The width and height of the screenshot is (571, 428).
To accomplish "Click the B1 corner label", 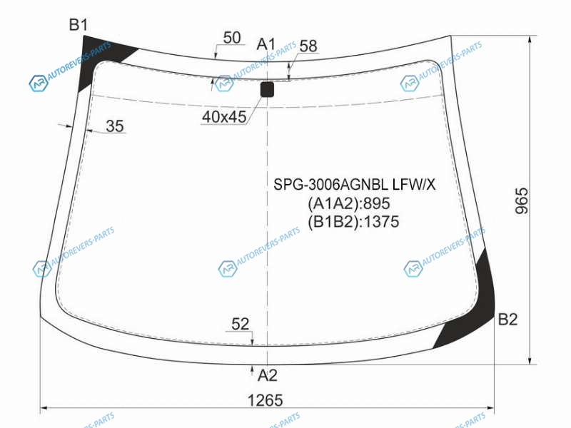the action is [79, 25].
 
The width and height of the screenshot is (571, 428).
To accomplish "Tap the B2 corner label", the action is [507, 319].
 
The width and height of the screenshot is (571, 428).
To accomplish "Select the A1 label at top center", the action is [266, 44].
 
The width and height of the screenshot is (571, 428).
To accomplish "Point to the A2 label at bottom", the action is [267, 375].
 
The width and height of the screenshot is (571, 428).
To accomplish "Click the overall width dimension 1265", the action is [265, 400].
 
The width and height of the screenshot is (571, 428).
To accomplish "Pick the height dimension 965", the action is [522, 200].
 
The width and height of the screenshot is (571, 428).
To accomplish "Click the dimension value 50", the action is [232, 38].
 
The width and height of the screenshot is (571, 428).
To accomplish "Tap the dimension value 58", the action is [308, 46].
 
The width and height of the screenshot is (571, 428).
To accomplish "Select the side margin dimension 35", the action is [115, 126].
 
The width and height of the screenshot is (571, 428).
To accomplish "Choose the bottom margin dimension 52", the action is [240, 324].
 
